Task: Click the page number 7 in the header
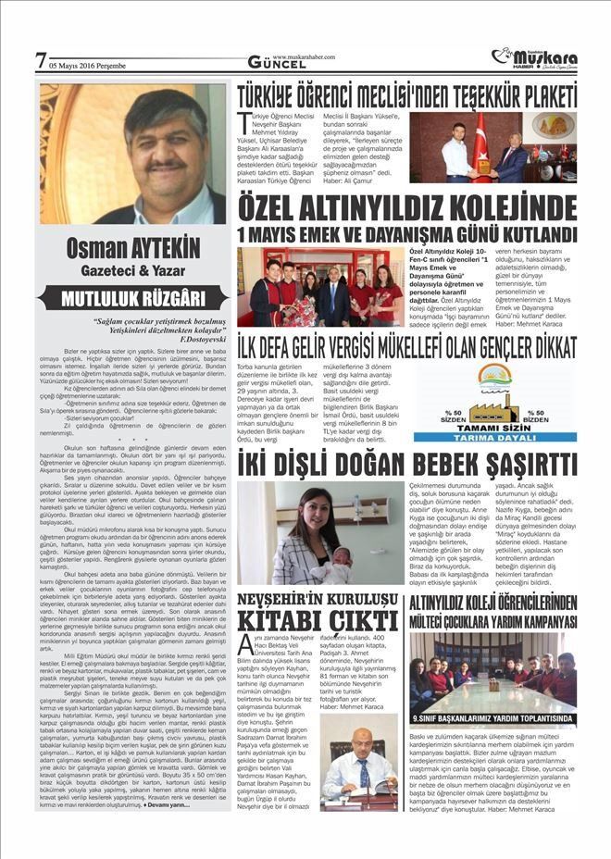pos(40,61)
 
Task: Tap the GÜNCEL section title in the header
pos(272,62)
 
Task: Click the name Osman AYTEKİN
pos(132,250)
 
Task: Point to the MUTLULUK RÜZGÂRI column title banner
pos(132,298)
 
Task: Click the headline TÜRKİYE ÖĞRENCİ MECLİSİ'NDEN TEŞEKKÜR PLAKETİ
pos(406,94)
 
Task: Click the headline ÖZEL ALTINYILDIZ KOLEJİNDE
pos(406,206)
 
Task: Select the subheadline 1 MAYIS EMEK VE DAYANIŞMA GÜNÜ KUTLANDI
pos(406,233)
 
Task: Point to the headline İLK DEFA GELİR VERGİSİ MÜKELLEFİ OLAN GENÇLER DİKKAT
pos(406,344)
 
